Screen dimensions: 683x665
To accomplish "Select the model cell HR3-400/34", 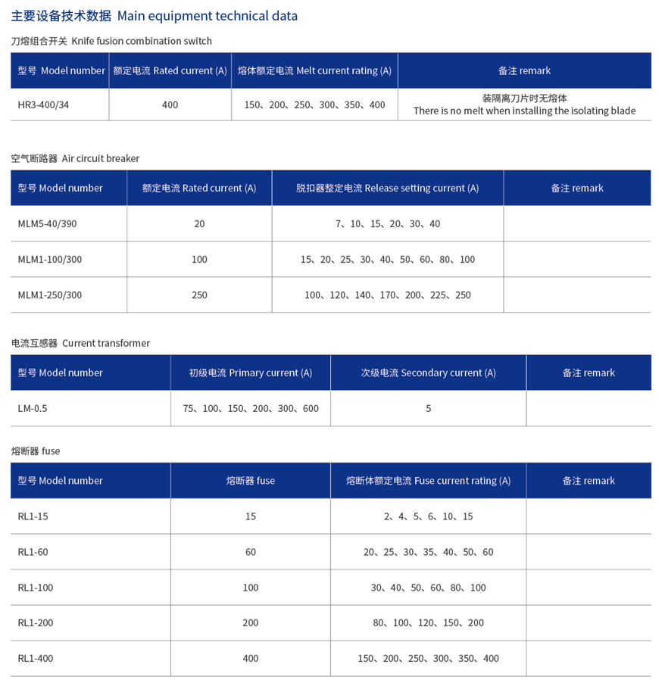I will click(43, 104).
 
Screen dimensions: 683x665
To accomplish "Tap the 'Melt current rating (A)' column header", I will click(314, 70).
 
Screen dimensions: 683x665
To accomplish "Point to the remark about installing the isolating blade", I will click(524, 105).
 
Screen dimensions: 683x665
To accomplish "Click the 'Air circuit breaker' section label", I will click(75, 158).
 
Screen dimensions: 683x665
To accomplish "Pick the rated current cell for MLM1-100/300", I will click(199, 259).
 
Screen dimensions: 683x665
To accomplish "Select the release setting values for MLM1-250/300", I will click(387, 295).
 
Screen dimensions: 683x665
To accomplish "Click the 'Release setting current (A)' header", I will click(387, 188).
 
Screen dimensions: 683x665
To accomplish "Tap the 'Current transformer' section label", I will click(80, 343).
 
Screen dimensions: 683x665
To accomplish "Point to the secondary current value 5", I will click(428, 408).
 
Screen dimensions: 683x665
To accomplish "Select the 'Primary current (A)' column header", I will click(250, 373).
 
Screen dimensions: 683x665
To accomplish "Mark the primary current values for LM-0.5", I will click(250, 408).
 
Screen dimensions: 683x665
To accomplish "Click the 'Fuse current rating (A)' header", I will click(428, 480).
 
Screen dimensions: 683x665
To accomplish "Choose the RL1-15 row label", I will click(33, 516).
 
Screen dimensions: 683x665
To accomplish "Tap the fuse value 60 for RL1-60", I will click(250, 552).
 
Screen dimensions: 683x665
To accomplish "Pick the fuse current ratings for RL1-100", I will click(428, 588).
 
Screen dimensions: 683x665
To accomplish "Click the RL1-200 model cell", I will click(36, 622).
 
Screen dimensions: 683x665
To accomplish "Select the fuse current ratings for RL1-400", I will click(428, 658).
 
